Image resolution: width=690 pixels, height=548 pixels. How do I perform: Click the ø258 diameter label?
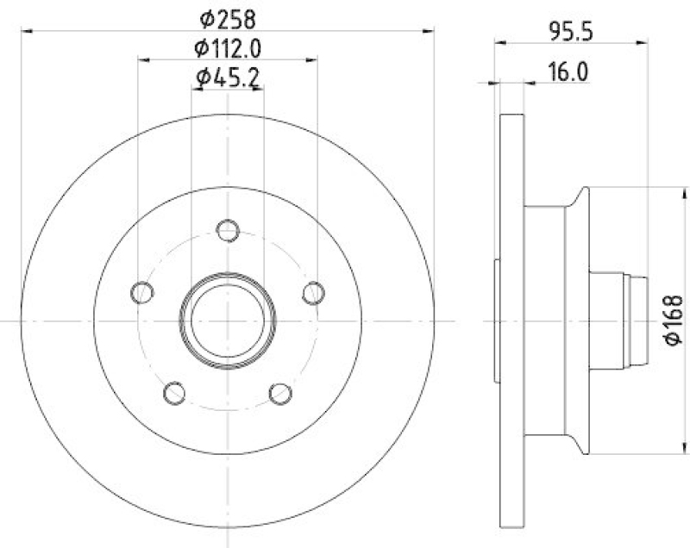coord(228,16)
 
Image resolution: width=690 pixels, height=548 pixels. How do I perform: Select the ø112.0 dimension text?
coord(228,47)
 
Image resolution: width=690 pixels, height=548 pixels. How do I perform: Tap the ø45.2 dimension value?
coord(228,78)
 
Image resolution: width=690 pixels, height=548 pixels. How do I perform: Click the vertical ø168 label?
coord(674,321)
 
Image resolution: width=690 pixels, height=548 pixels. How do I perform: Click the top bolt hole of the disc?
coord(228,230)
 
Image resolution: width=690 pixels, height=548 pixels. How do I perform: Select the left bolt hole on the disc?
coord(143,292)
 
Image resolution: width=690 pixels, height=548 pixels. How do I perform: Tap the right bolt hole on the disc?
coord(312,292)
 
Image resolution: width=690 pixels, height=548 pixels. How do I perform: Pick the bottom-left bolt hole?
coord(175,393)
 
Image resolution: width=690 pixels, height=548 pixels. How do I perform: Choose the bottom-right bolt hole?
coord(279,393)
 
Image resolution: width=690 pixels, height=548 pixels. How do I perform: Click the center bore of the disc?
coord(228,320)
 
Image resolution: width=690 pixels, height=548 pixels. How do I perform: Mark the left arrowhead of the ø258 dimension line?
coord(25,31)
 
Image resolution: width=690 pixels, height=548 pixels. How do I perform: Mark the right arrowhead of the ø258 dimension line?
coord(429,31)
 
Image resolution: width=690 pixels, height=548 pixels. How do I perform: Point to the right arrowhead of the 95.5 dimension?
coord(643,40)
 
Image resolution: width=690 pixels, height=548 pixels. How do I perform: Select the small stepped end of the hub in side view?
coord(638,320)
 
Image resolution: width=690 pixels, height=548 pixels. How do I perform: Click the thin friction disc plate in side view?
coord(512,320)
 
